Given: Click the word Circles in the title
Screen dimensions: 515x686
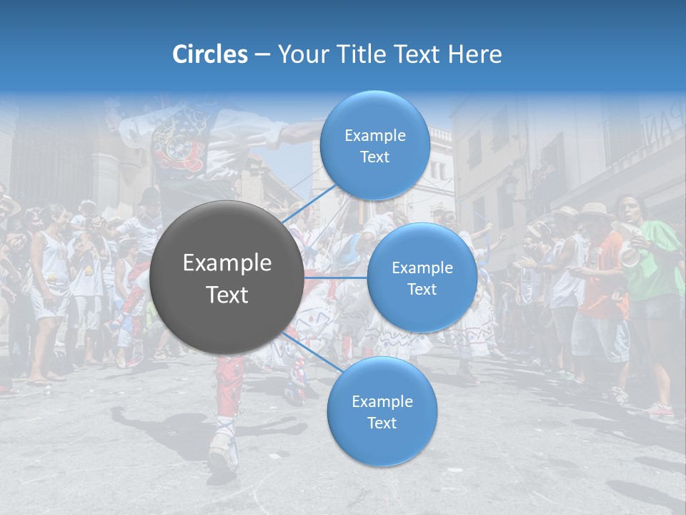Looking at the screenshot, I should tap(210, 54).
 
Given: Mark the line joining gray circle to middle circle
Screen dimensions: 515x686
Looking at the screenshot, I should tap(336, 277).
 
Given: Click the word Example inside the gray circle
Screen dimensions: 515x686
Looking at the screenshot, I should tap(227, 263).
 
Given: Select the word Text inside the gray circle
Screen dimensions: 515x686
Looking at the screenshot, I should tap(227, 295).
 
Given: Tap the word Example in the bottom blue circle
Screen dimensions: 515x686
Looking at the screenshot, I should tap(382, 401).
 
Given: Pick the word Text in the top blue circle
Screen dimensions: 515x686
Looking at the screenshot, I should tap(374, 157).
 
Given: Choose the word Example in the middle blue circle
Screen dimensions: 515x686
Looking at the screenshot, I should tap(422, 268).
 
